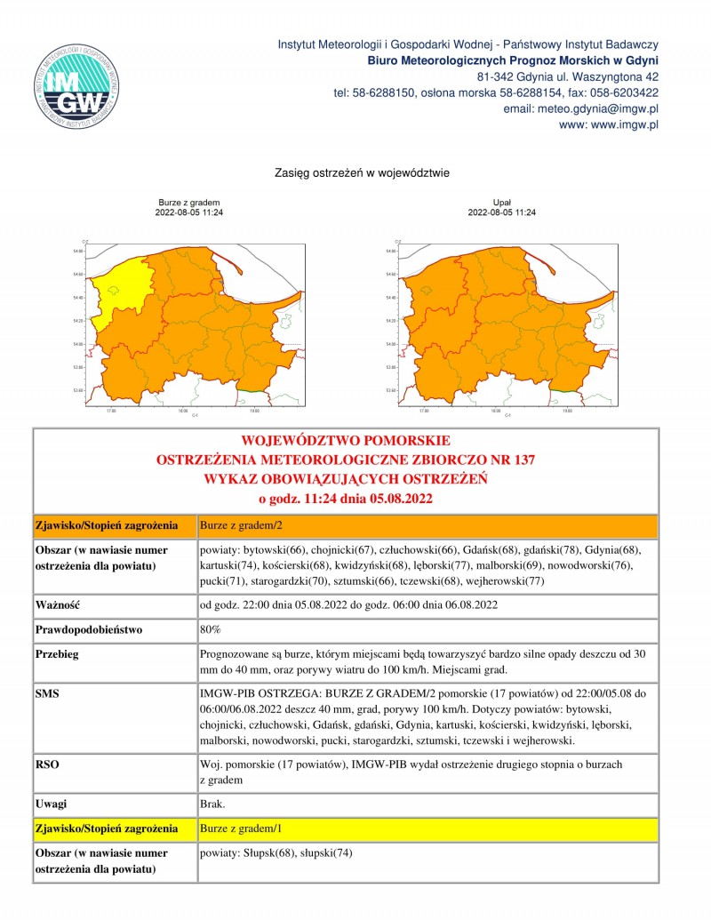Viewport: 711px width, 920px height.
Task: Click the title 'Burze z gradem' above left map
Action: pyautogui.click(x=188, y=203)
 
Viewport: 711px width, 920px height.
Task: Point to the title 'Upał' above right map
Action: pyautogui.click(x=501, y=203)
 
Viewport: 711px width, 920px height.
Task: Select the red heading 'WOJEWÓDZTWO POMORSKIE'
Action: pyautogui.click(x=346, y=441)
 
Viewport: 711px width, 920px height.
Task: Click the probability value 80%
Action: pyautogui.click(x=211, y=629)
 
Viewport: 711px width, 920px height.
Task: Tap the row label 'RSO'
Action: pyautogui.click(x=46, y=764)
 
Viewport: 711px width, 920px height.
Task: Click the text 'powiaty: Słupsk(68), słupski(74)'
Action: pyautogui.click(x=277, y=853)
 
